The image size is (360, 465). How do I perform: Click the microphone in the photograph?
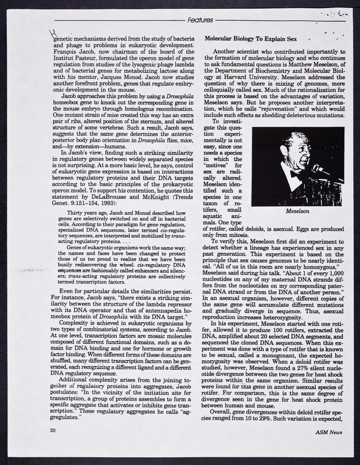tap(319, 170)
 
